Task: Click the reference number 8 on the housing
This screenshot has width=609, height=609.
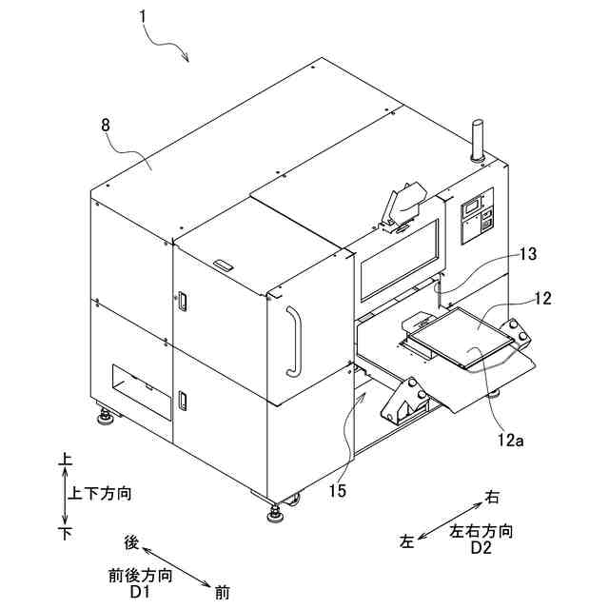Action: (x=105, y=125)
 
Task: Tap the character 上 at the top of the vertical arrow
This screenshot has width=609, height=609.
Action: (x=66, y=460)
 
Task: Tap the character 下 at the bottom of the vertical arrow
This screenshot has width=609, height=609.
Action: (x=66, y=533)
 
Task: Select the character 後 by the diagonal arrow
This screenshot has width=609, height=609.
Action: (x=132, y=542)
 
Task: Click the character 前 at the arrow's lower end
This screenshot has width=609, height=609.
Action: (x=221, y=593)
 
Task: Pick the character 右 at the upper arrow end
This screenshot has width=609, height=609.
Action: (x=492, y=496)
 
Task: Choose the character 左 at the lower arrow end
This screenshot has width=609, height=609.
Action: (x=407, y=541)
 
